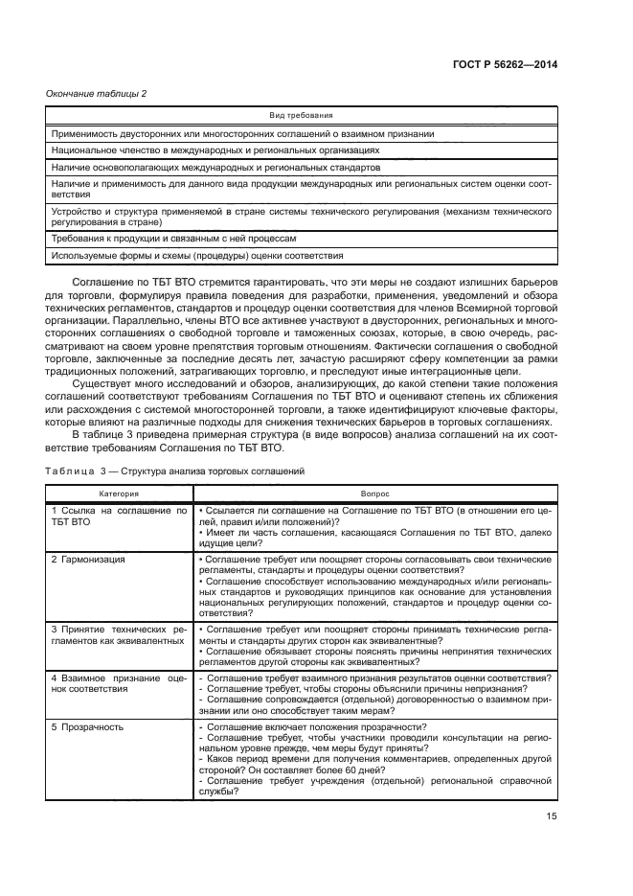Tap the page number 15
[552, 816]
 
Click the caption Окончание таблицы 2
[96, 93]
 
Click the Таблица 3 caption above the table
[176, 471]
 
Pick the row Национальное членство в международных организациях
[215, 150]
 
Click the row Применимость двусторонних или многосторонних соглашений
[243, 133]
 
